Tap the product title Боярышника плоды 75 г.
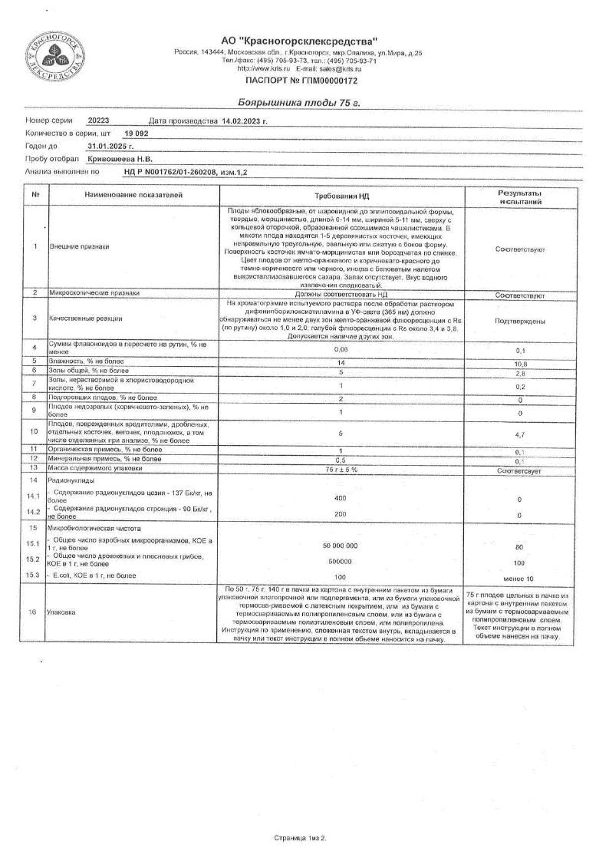click(x=300, y=102)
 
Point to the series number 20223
click(x=99, y=121)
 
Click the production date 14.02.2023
click(x=243, y=121)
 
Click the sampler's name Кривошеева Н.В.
click(x=118, y=158)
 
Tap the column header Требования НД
click(x=342, y=196)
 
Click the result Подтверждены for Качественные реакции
click(x=520, y=321)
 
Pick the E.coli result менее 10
click(x=520, y=576)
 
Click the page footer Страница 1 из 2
click(x=300, y=838)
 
